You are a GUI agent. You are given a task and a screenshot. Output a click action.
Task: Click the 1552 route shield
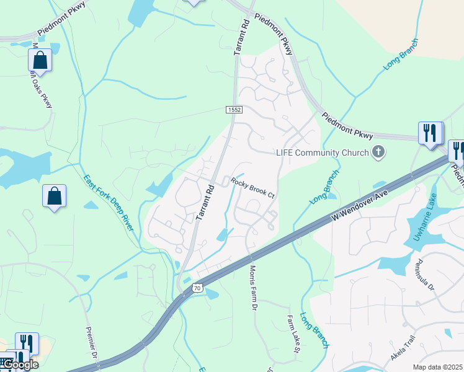coord(234,110)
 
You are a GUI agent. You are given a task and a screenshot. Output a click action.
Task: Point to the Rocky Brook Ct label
coord(253,187)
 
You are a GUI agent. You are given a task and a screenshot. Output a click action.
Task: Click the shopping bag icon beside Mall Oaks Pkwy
coord(40,61)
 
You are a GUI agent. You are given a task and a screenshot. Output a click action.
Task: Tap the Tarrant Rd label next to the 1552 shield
coord(242,38)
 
